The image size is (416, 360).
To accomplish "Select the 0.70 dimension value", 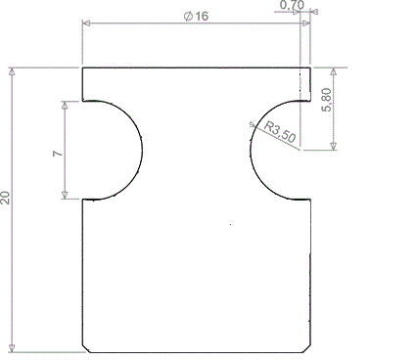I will click(x=291, y=7).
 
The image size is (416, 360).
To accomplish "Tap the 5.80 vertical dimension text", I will click(x=354, y=99).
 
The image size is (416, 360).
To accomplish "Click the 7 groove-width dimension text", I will click(x=58, y=154).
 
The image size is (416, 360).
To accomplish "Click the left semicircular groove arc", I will click(x=141, y=149).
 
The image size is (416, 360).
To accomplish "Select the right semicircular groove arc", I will click(x=253, y=149).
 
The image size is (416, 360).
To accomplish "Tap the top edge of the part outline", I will click(x=196, y=67).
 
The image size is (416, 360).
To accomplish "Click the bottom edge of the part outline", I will click(x=196, y=352).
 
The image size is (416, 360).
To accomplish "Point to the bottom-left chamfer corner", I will click(x=85, y=348).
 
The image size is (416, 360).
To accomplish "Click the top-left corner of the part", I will click(x=82, y=67).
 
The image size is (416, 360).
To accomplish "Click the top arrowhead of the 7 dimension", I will click(x=65, y=105).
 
